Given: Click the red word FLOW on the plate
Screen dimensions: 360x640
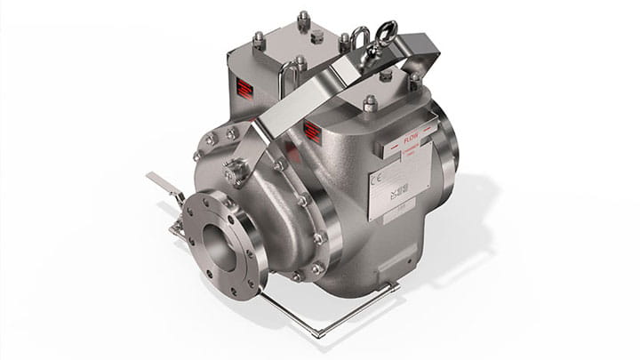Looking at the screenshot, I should [411, 139].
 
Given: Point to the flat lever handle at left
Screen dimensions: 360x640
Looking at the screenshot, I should [163, 182].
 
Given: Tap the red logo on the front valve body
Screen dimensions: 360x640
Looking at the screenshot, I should [312, 132].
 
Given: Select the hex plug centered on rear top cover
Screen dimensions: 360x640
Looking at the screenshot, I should [316, 36].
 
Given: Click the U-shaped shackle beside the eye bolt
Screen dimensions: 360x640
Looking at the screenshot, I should [360, 39].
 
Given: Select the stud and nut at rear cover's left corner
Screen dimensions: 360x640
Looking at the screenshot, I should [228, 51].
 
